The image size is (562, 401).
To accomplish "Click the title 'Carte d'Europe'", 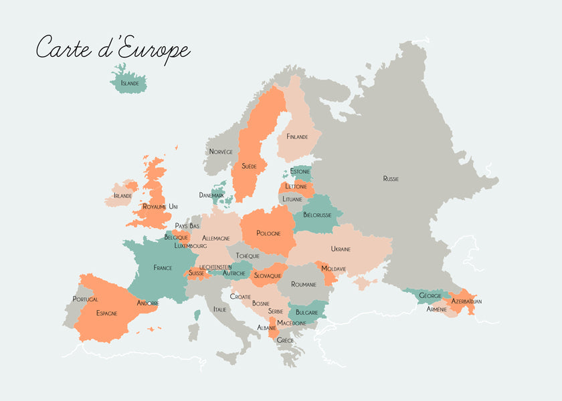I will coord(113,49).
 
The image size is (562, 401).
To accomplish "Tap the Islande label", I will coord(130,84).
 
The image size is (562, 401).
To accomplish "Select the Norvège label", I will coord(221,152).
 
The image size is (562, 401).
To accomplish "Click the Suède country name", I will coord(249,166).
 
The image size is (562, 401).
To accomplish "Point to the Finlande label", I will coord(297,137).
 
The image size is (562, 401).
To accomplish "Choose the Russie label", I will coord(391,178).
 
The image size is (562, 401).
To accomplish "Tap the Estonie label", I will coord(300,172).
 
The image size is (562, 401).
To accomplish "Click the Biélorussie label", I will coord(318,215).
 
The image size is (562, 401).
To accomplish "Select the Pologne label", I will coord(268,233).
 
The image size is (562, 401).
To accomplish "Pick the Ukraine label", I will coord(341,249).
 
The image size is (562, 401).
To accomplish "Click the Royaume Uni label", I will coord(161,207).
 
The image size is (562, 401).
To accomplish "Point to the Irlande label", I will coord(123,196).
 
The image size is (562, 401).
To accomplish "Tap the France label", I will coord(163,268).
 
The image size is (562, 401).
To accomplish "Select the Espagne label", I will coord(106,313).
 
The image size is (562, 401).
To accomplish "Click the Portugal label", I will coord(85,299).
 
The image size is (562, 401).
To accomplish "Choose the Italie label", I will coord(219,309).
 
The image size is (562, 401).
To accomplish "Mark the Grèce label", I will coord(286,340).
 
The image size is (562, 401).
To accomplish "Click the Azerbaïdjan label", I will coord(466,301).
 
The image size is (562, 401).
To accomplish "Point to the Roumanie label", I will coord(304,285).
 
